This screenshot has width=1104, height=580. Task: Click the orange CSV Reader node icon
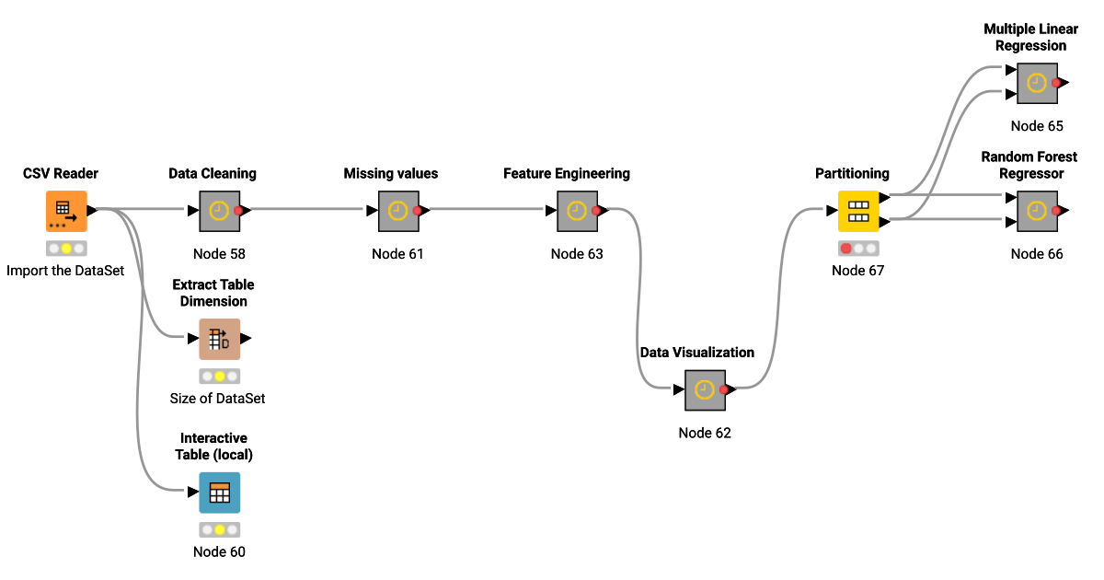pos(66,211)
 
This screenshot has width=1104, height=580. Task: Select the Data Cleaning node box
pos(219,211)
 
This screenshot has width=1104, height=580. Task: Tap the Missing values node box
pos(397,211)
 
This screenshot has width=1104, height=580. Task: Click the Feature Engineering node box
pos(577,211)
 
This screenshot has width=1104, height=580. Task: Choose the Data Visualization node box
pos(705,389)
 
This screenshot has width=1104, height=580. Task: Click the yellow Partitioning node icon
pos(857,211)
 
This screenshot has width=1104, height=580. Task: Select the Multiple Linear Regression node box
pos(1037,83)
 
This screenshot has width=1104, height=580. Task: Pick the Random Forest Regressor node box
pos(1037,211)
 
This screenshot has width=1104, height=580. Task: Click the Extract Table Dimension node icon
pos(219,339)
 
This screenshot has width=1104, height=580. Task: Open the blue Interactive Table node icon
pos(219,493)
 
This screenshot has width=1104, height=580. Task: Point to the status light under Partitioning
pos(858,248)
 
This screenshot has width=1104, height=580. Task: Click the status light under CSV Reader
pos(66,249)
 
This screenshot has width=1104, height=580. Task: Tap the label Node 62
pos(705,433)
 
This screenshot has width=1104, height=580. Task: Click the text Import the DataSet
pos(65,271)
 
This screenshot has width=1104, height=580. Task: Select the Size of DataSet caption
pos(218,399)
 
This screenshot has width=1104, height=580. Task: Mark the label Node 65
pos(1037,126)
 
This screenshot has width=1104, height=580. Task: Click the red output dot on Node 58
pos(238,211)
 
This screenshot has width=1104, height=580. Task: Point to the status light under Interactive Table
pos(219,529)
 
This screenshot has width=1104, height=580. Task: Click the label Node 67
pos(857,270)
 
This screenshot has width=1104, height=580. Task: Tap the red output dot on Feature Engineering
pos(596,211)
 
